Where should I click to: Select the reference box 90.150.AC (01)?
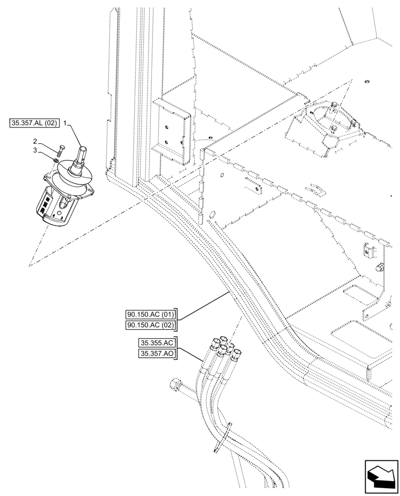click(x=150, y=314)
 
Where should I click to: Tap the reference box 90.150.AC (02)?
click(x=150, y=325)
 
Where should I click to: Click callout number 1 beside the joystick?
click(x=64, y=122)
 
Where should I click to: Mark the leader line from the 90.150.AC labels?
click(x=203, y=305)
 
